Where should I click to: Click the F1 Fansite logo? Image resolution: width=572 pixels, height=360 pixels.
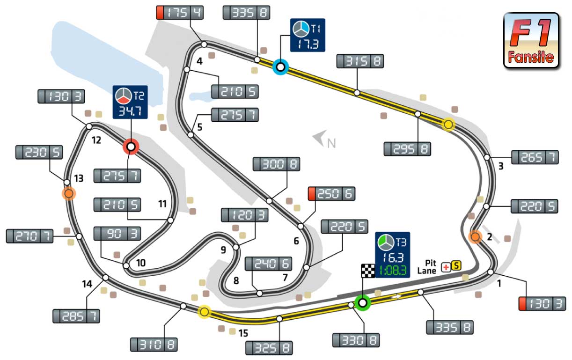[531, 41]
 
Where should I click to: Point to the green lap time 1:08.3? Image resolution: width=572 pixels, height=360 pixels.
[392, 270]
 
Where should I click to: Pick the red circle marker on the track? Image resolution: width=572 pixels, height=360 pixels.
[131, 147]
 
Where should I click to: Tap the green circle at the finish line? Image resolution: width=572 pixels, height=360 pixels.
[362, 302]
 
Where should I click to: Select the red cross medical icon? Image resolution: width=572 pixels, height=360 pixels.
[446, 266]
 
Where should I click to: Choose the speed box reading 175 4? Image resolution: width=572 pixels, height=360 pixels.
[180, 13]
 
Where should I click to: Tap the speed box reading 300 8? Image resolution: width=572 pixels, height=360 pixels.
[276, 164]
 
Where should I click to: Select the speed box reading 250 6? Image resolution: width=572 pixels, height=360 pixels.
[331, 193]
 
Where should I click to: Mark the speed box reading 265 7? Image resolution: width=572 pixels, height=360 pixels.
[535, 157]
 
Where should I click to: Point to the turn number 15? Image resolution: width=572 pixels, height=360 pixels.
[243, 333]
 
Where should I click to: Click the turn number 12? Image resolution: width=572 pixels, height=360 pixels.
[96, 140]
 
